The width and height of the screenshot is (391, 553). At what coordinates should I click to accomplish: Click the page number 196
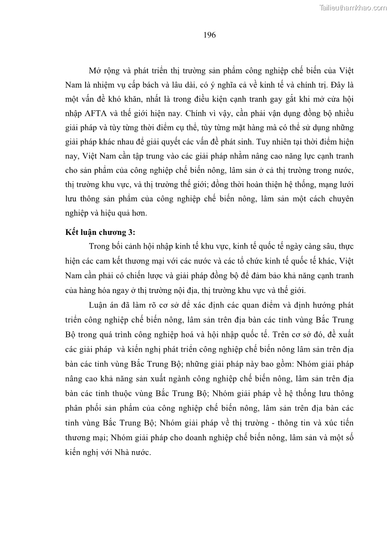[x=209, y=35]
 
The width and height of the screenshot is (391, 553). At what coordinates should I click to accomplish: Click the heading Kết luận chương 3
[x=100, y=232]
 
